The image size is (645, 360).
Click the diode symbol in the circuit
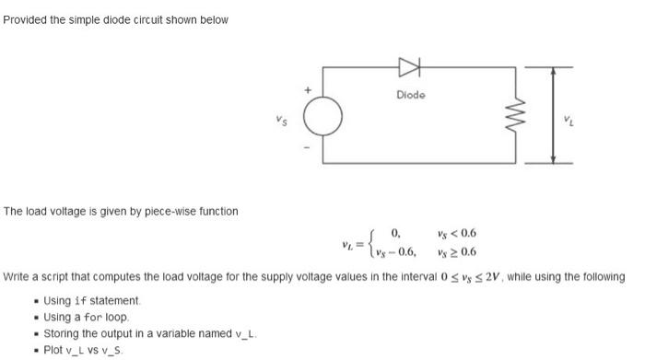[408, 66]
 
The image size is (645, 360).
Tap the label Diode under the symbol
[410, 95]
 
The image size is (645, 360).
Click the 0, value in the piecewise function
[396, 234]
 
